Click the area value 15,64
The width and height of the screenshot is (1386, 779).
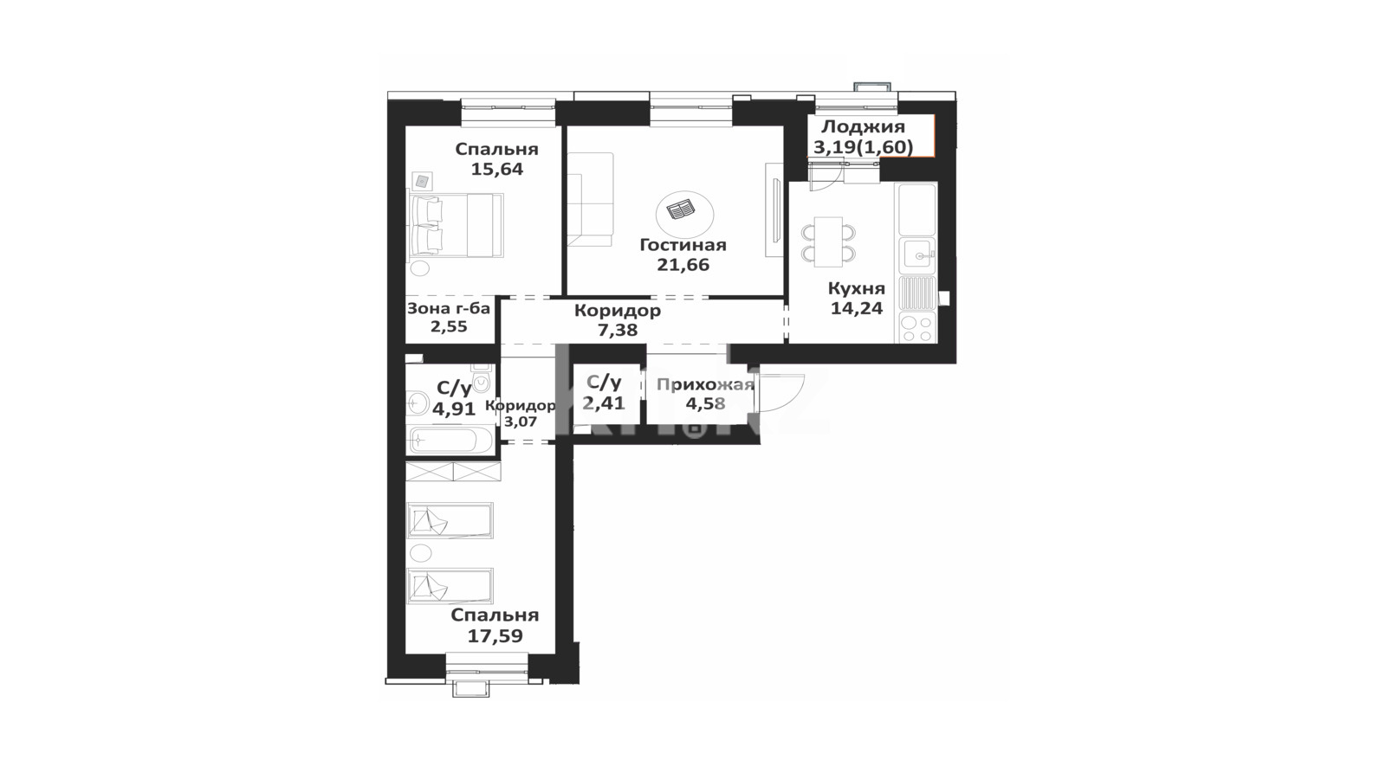pyautogui.click(x=497, y=169)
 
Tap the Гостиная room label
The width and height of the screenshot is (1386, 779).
pyautogui.click(x=683, y=245)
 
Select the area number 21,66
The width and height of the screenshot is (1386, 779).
pyautogui.click(x=683, y=265)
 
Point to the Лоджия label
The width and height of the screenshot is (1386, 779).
pyautogui.click(x=863, y=126)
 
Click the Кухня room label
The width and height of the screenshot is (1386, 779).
pyautogui.click(x=857, y=289)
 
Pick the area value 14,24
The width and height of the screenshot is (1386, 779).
pyautogui.click(x=857, y=308)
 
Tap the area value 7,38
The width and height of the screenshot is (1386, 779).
pyautogui.click(x=617, y=330)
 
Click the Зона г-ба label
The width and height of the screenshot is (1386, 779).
pyautogui.click(x=449, y=308)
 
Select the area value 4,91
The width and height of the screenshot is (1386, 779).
pyautogui.click(x=454, y=409)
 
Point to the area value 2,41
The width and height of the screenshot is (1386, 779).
pyautogui.click(x=603, y=403)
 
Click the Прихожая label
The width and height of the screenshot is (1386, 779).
pyautogui.click(x=705, y=385)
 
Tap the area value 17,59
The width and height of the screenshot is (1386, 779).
pyautogui.click(x=495, y=635)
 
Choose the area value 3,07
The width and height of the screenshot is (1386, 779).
pyautogui.click(x=521, y=422)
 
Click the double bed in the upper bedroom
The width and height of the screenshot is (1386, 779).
pyautogui.click(x=457, y=225)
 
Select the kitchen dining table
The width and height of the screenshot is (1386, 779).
pyautogui.click(x=828, y=241)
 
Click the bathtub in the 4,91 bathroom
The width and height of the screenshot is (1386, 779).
pyautogui.click(x=450, y=441)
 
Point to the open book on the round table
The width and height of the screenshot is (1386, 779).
pyautogui.click(x=681, y=210)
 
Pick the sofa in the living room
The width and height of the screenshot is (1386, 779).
pyautogui.click(x=590, y=200)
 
